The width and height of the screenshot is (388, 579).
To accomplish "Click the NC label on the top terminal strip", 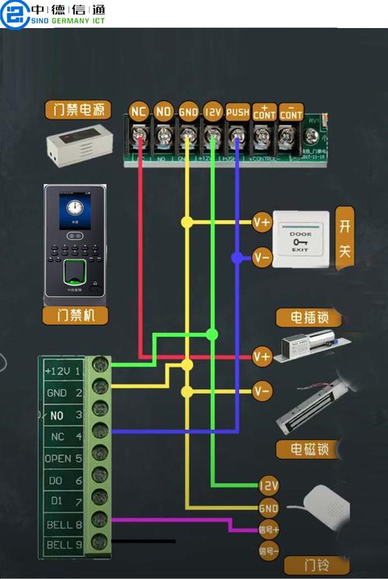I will [139, 111].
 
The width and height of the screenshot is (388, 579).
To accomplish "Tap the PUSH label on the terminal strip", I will [237, 112].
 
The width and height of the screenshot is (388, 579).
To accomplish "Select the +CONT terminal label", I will [264, 112].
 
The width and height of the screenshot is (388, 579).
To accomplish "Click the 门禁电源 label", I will [78, 109].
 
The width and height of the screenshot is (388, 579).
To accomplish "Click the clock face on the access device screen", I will [74, 208].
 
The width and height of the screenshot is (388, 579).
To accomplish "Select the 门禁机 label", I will [74, 315].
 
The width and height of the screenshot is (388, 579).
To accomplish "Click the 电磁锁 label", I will [310, 448].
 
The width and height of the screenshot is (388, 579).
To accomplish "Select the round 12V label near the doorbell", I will [268, 485].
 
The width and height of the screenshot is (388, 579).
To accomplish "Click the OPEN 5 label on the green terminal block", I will [64, 459].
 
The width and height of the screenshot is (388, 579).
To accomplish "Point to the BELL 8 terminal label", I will [64, 525].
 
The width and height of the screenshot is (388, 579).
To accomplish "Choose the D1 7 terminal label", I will [64, 503].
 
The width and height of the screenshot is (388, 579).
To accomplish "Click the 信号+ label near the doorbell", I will [268, 530].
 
